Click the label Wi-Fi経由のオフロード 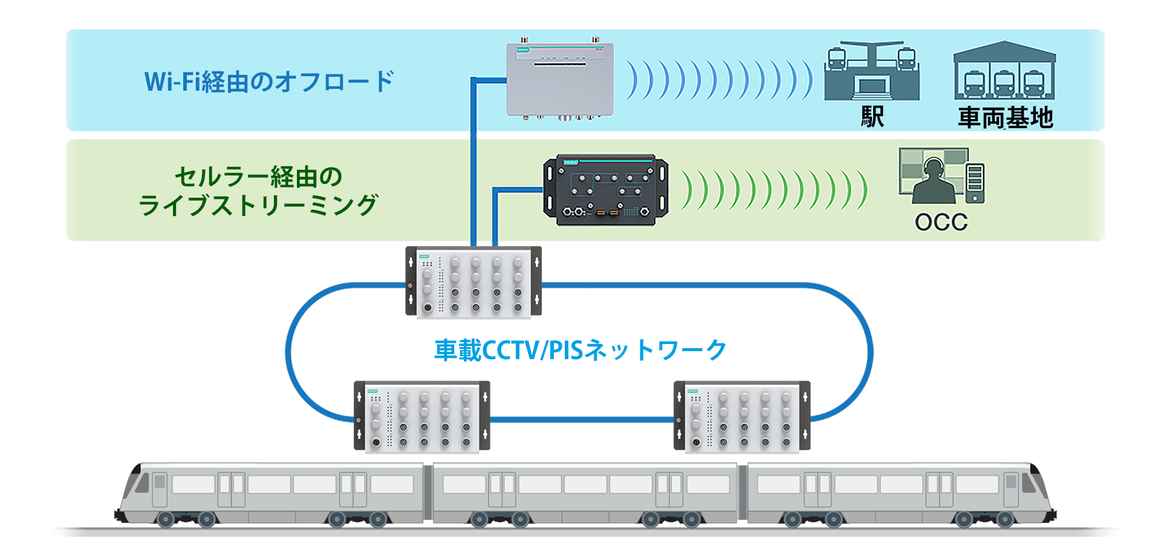click(x=269, y=82)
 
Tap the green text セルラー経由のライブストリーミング click(x=258, y=191)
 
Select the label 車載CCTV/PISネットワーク click(x=580, y=350)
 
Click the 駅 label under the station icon click(x=872, y=117)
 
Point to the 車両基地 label click(x=1005, y=117)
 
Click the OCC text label click(x=941, y=223)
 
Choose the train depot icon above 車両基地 click(x=1004, y=71)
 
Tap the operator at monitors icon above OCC click(x=941, y=176)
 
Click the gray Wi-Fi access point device click(x=560, y=79)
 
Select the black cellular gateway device click(x=606, y=190)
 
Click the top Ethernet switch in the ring click(x=473, y=281)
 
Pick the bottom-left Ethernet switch click(x=421, y=416)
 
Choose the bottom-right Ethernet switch click(x=742, y=416)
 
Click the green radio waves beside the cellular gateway click(x=774, y=190)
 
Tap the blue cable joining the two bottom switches click(x=582, y=418)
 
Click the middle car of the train click(x=585, y=493)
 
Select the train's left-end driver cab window click(x=143, y=483)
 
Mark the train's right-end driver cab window click(x=1028, y=483)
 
